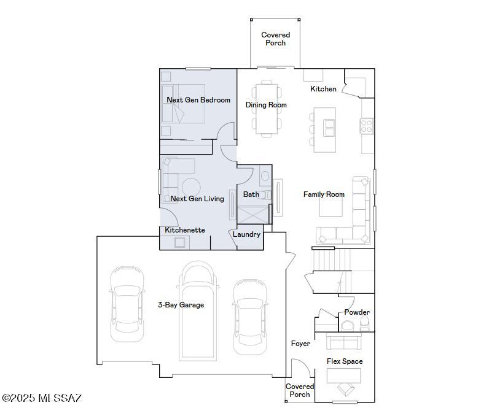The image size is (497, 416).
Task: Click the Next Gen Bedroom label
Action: point(198,100)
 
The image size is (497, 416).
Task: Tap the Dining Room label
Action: point(266,105)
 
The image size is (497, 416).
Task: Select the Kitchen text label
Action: point(323,89)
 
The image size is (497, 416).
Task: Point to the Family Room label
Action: point(324,195)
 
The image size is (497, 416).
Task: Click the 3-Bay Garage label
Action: point(181,304)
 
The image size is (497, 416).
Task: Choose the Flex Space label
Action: point(344,361)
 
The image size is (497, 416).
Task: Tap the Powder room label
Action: point(356,312)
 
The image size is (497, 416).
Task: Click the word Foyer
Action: point(300,344)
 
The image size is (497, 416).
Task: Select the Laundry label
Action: point(246,234)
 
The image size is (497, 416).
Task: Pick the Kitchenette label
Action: point(185,230)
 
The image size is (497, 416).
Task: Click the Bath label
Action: point(251,195)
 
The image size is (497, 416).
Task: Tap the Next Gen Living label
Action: point(197,199)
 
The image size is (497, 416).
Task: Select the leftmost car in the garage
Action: point(127,304)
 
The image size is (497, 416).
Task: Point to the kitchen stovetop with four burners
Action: point(367,126)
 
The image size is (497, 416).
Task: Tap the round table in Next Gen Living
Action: point(190,187)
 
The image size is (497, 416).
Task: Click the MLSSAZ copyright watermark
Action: point(42,398)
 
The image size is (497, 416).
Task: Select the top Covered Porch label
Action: point(275,39)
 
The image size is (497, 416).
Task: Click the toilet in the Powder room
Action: point(364,323)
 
